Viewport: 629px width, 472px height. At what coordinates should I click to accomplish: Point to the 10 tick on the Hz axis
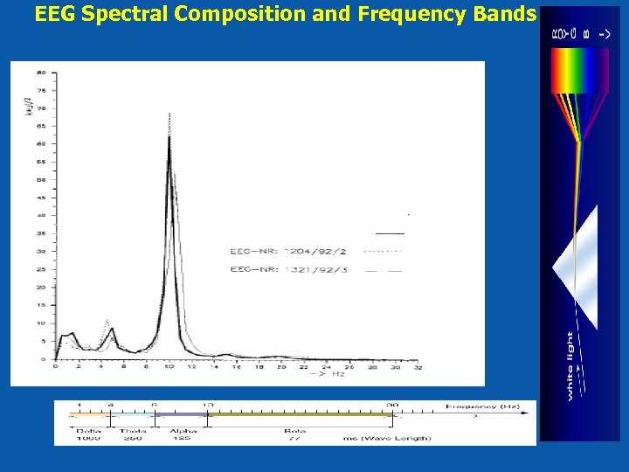169,367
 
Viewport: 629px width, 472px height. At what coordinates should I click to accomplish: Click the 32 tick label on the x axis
418,367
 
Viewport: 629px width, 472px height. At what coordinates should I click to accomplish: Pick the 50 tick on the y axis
41,179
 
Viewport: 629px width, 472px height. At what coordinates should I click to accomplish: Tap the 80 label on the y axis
41,73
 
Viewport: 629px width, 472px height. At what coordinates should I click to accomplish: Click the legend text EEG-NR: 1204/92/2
288,252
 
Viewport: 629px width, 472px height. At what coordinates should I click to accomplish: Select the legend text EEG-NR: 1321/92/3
288,270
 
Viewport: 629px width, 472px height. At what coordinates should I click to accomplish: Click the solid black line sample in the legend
390,234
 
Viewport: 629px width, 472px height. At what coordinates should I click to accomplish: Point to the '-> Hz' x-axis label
328,375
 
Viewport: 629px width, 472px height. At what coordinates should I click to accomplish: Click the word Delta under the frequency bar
88,430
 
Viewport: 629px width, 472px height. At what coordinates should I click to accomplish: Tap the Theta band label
133,430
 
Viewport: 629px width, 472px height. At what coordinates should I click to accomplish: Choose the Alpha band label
183,430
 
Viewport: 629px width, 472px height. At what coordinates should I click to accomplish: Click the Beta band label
294,430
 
